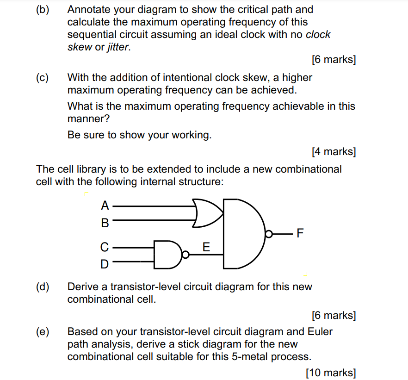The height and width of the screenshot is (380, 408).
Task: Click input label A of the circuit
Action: point(105,206)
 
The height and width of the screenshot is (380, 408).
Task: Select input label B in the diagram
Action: point(105,223)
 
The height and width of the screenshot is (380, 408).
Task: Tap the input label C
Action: point(105,247)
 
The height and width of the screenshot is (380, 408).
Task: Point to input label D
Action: point(105,264)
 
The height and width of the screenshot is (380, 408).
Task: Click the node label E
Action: point(206,247)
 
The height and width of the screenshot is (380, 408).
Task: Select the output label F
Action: point(300,233)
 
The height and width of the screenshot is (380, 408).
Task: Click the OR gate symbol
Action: point(207,213)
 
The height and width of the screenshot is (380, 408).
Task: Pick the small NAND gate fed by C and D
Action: point(167,255)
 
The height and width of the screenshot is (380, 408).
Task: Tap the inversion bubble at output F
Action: point(269,234)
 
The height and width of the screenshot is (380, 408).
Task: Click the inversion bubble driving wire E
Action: point(185,255)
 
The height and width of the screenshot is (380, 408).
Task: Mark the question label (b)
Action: point(43,10)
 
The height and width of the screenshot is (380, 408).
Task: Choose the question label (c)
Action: point(42,78)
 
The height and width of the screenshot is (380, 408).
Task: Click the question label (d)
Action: point(43,287)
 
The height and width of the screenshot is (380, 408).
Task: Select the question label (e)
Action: point(43,332)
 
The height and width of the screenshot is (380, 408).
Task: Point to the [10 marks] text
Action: point(331,373)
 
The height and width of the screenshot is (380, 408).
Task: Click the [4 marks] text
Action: point(334,151)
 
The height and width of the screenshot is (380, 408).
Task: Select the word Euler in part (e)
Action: point(320,331)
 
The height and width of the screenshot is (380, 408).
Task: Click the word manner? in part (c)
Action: point(88,118)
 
